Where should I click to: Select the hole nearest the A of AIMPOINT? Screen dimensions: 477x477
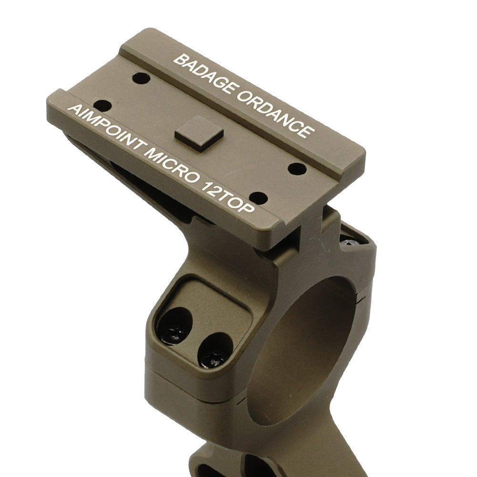104,104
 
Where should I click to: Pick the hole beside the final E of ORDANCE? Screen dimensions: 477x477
297,168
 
